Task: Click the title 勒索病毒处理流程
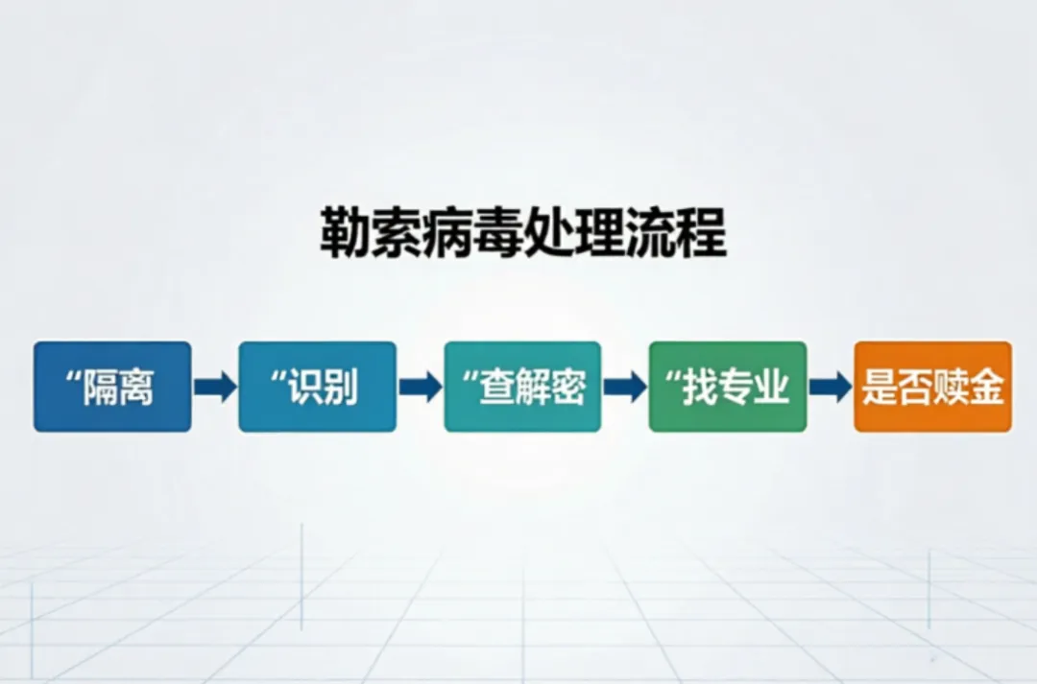[x=523, y=235]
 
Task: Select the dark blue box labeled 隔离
[x=112, y=387]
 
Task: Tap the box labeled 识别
[x=317, y=387]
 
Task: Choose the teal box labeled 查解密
[x=522, y=387]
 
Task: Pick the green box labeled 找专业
[x=728, y=387]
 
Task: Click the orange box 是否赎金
[x=932, y=387]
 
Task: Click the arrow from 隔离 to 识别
[x=214, y=387]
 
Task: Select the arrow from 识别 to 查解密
[x=420, y=387]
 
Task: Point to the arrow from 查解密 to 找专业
[x=625, y=387]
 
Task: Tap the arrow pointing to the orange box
[x=830, y=387]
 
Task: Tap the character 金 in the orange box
[x=988, y=388]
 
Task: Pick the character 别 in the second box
[x=341, y=388]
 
